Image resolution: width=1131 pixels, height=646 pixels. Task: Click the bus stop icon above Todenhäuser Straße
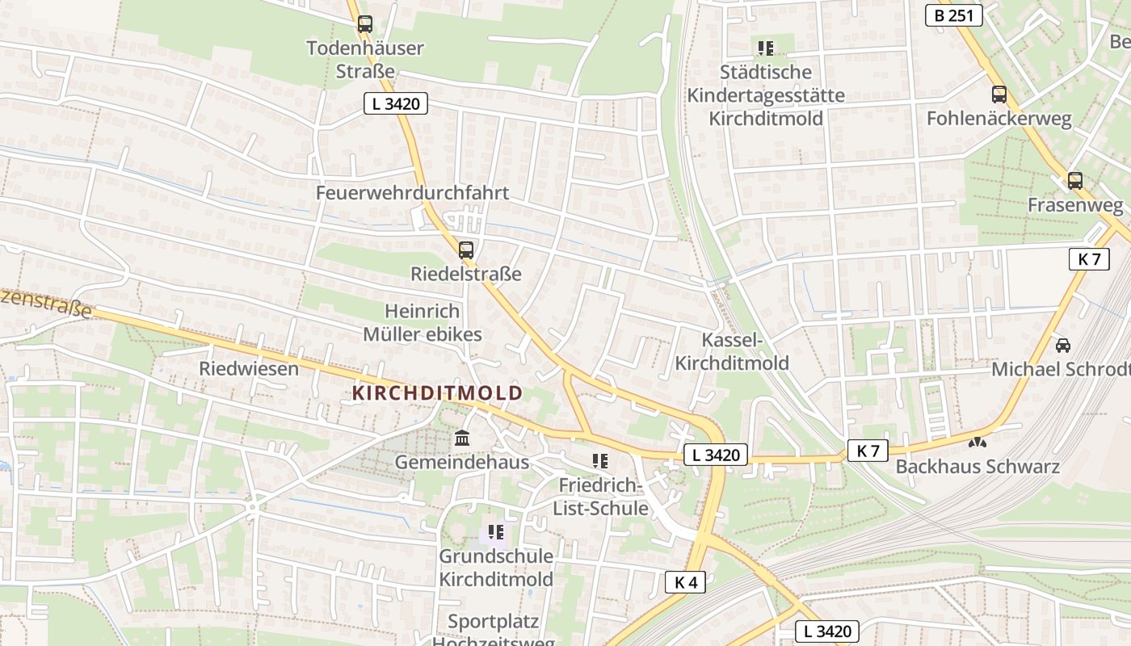tap(365, 24)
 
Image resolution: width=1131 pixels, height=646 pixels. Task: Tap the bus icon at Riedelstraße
tap(466, 250)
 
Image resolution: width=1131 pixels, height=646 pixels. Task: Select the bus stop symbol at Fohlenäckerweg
tap(999, 94)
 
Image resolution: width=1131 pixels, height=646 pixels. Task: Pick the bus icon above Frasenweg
tap(1074, 181)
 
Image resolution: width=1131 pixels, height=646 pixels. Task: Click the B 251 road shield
tap(954, 15)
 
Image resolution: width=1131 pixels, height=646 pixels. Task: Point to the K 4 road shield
tap(686, 582)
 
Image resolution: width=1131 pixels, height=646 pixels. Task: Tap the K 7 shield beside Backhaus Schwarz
tap(868, 451)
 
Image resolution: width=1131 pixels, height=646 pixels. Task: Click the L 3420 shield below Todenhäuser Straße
tap(395, 103)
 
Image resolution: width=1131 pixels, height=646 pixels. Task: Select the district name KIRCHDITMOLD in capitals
tap(437, 393)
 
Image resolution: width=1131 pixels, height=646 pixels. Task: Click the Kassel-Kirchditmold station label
tap(732, 351)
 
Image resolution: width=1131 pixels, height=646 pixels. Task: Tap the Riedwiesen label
tap(249, 369)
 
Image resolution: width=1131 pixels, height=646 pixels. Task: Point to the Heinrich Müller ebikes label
tap(422, 323)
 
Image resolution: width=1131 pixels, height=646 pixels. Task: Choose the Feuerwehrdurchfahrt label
tap(412, 193)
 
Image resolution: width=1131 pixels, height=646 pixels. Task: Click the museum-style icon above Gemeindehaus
tap(462, 438)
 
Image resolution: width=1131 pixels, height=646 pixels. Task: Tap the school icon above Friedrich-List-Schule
tap(599, 461)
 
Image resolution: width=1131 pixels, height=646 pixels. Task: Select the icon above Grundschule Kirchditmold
tap(496, 532)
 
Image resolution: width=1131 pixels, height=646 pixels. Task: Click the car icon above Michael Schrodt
tap(1063, 346)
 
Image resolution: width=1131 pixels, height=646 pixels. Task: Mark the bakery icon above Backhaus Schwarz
tap(978, 443)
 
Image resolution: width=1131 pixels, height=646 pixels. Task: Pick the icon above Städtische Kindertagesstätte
tap(766, 48)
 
